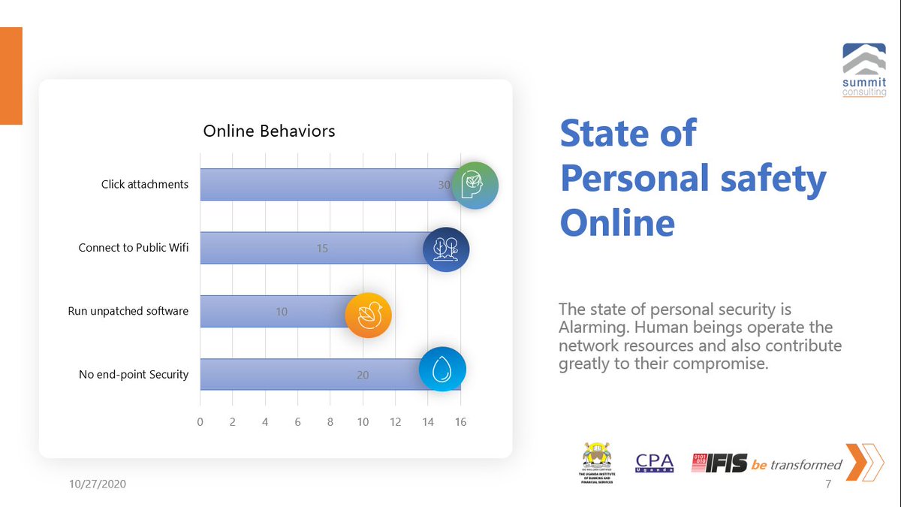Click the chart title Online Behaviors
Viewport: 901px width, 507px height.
click(269, 131)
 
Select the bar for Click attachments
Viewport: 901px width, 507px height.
click(323, 185)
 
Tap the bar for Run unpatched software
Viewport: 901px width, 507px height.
click(270, 311)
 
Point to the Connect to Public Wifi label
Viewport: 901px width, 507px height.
click(134, 248)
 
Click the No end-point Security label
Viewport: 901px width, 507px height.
click(134, 374)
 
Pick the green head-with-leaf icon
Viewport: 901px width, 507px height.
click(475, 185)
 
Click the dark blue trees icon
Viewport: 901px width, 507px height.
click(446, 249)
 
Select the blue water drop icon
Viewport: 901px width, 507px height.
click(442, 369)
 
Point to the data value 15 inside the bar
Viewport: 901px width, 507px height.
click(322, 249)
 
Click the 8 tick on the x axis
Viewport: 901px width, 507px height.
click(330, 422)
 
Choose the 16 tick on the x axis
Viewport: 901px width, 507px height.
click(460, 422)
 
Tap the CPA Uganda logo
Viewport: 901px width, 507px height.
click(654, 463)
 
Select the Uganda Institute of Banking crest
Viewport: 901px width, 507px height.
click(598, 463)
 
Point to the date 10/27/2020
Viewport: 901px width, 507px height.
click(93, 484)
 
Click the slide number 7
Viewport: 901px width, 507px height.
click(828, 484)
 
